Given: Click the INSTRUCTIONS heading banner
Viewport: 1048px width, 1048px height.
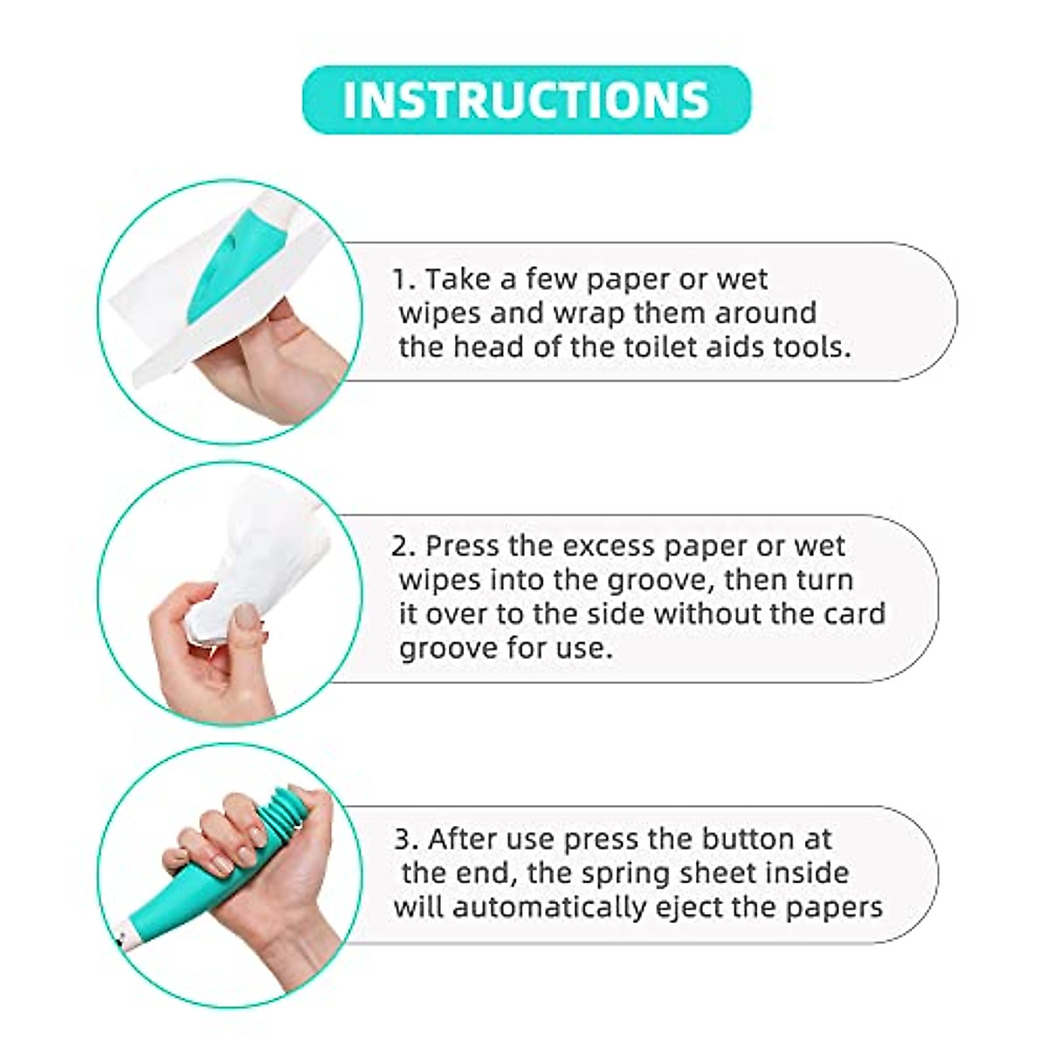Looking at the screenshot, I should [526, 100].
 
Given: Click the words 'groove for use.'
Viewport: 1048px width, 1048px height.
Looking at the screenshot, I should [501, 647].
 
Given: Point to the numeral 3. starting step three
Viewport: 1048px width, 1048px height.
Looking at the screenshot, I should [404, 839].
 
